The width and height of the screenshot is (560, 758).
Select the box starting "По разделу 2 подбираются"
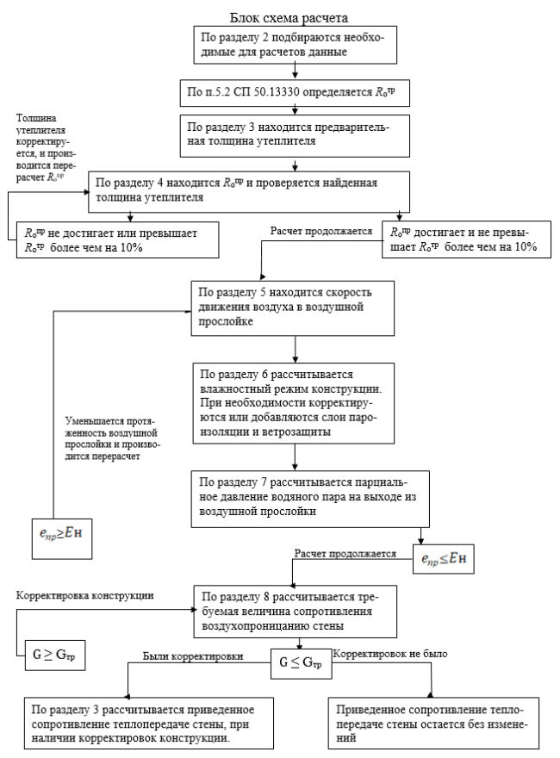(x=295, y=44)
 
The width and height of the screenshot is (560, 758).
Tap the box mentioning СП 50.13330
(x=295, y=90)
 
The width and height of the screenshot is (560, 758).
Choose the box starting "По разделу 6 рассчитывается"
(x=295, y=402)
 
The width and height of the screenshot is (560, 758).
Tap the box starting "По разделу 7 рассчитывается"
(x=295, y=494)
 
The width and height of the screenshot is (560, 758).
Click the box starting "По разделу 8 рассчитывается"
(x=295, y=609)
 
